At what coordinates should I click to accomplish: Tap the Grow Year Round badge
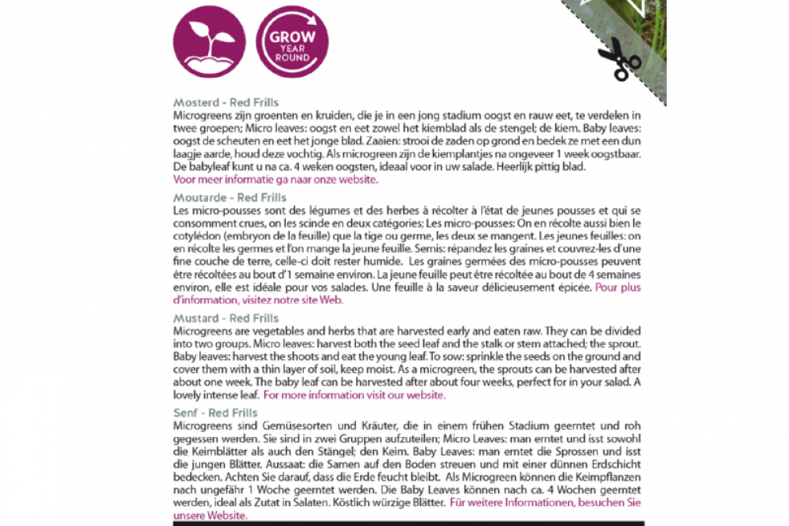point(291,43)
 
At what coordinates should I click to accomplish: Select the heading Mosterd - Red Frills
point(226,103)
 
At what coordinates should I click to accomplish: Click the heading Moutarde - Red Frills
point(229,198)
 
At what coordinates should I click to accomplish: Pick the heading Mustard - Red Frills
point(226,319)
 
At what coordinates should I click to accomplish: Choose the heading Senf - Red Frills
point(215,413)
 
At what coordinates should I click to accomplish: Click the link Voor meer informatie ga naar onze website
point(275,179)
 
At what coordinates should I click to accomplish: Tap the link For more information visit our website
point(354,395)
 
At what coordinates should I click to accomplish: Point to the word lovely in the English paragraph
point(190,395)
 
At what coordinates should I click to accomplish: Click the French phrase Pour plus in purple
point(618,287)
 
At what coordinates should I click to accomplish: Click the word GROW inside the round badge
point(292,36)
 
